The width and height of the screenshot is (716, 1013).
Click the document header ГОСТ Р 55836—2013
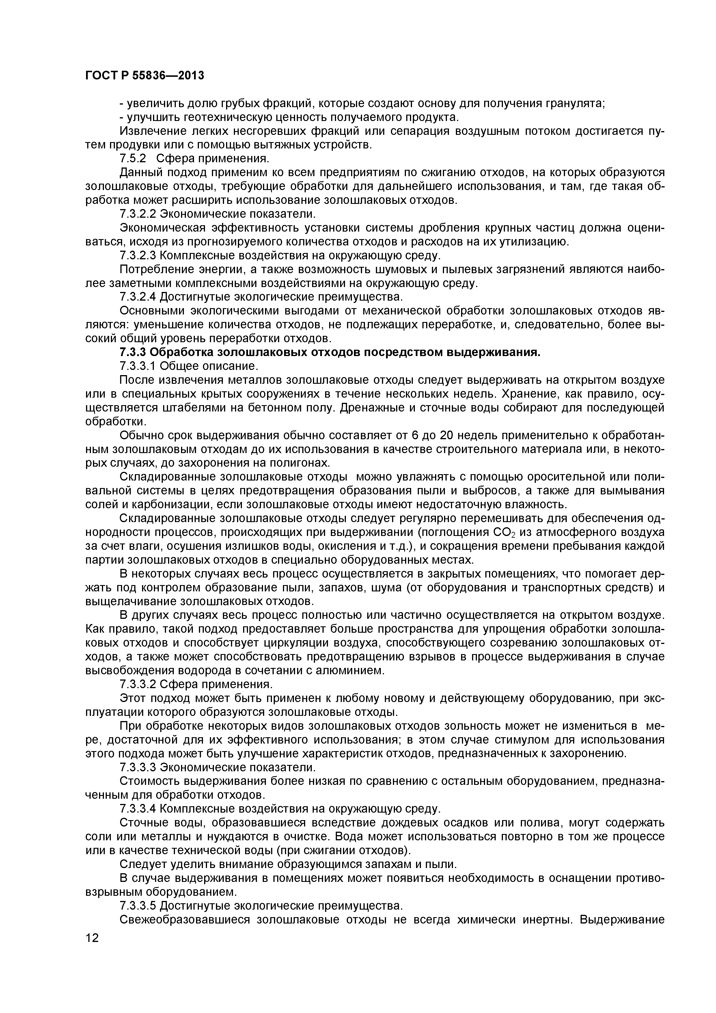(144, 76)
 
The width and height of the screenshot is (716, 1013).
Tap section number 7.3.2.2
(138, 214)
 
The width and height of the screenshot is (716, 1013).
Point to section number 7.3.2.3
(138, 256)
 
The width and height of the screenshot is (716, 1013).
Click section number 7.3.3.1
(138, 366)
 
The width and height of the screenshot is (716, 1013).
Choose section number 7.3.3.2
(138, 684)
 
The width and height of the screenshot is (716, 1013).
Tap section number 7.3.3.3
(138, 767)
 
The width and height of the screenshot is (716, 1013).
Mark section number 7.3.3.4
(138, 809)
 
